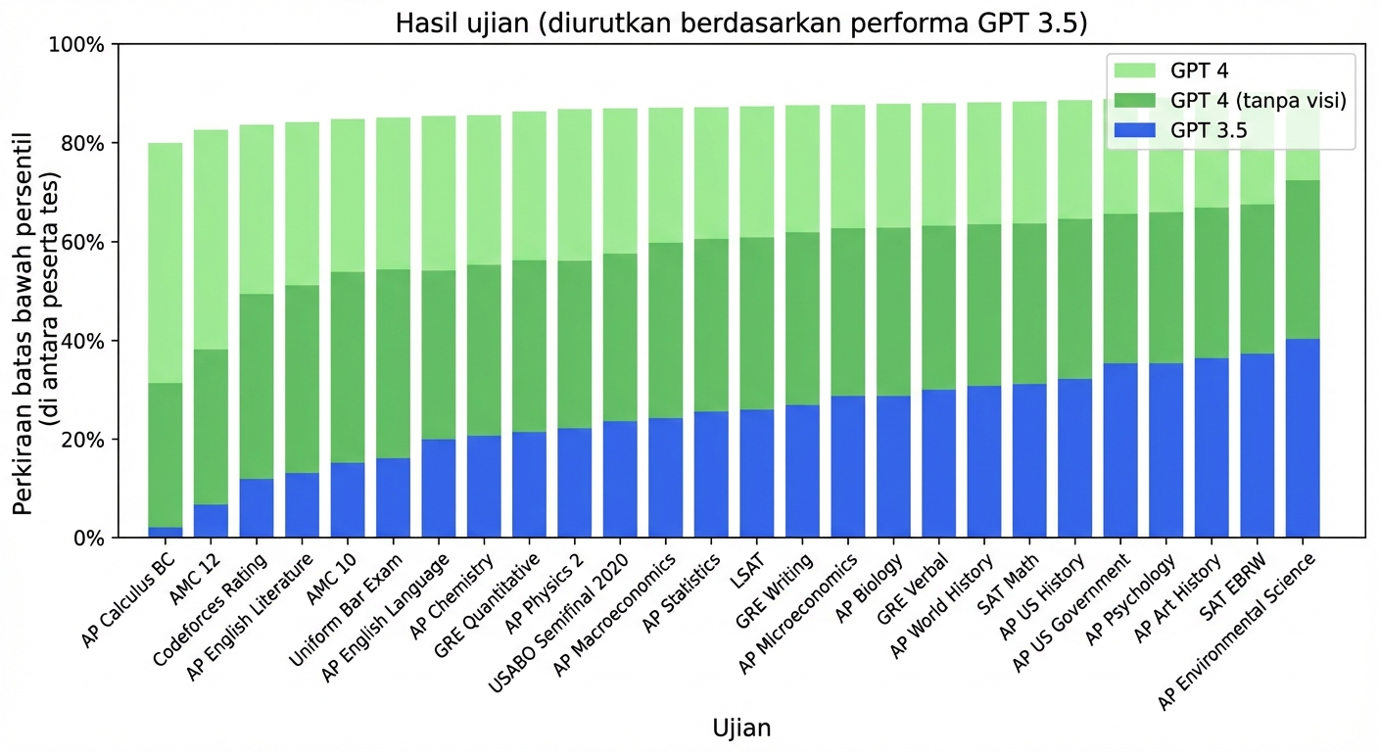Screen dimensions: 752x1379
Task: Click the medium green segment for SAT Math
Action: point(1029,304)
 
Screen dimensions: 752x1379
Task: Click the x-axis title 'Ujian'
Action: point(740,728)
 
